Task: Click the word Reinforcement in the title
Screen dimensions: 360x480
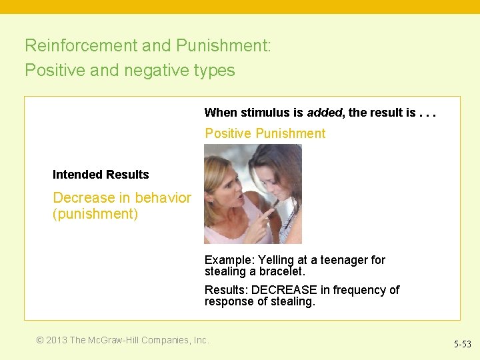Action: coord(81,45)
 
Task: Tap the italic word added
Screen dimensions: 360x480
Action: coord(324,113)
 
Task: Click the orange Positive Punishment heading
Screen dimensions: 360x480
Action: coord(265,133)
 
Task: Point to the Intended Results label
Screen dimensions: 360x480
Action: coord(101,175)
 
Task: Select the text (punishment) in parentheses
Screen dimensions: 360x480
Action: coord(95,215)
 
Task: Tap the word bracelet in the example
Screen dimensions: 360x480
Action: coord(280,272)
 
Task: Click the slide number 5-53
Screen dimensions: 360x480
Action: coord(462,344)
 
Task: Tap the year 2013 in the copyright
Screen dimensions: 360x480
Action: coord(56,340)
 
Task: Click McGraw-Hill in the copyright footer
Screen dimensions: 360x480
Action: coord(115,340)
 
